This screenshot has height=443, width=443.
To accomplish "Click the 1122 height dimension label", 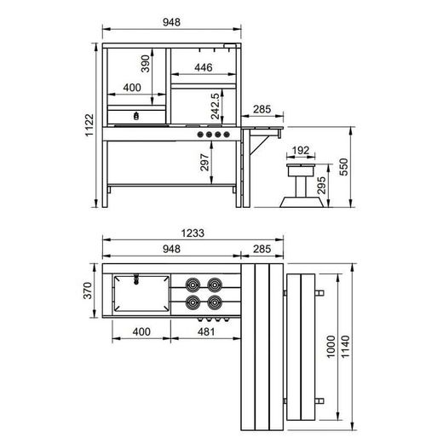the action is coord(89,125).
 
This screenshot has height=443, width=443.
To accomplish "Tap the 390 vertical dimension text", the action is coord(145,64).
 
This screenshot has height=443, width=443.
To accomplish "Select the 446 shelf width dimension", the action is coord(204,67).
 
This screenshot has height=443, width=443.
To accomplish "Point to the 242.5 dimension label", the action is coord(216,106).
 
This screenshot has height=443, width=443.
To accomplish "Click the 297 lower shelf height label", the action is coord(204,162).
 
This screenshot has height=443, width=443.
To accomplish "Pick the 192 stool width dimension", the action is coord(301,150).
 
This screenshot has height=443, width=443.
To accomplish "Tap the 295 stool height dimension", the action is coord(321,185).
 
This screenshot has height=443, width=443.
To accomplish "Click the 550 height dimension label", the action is coord(343,167).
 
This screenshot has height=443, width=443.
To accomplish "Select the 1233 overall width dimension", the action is coord(193,233).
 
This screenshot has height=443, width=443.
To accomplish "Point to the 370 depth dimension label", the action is coord(88,291).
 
